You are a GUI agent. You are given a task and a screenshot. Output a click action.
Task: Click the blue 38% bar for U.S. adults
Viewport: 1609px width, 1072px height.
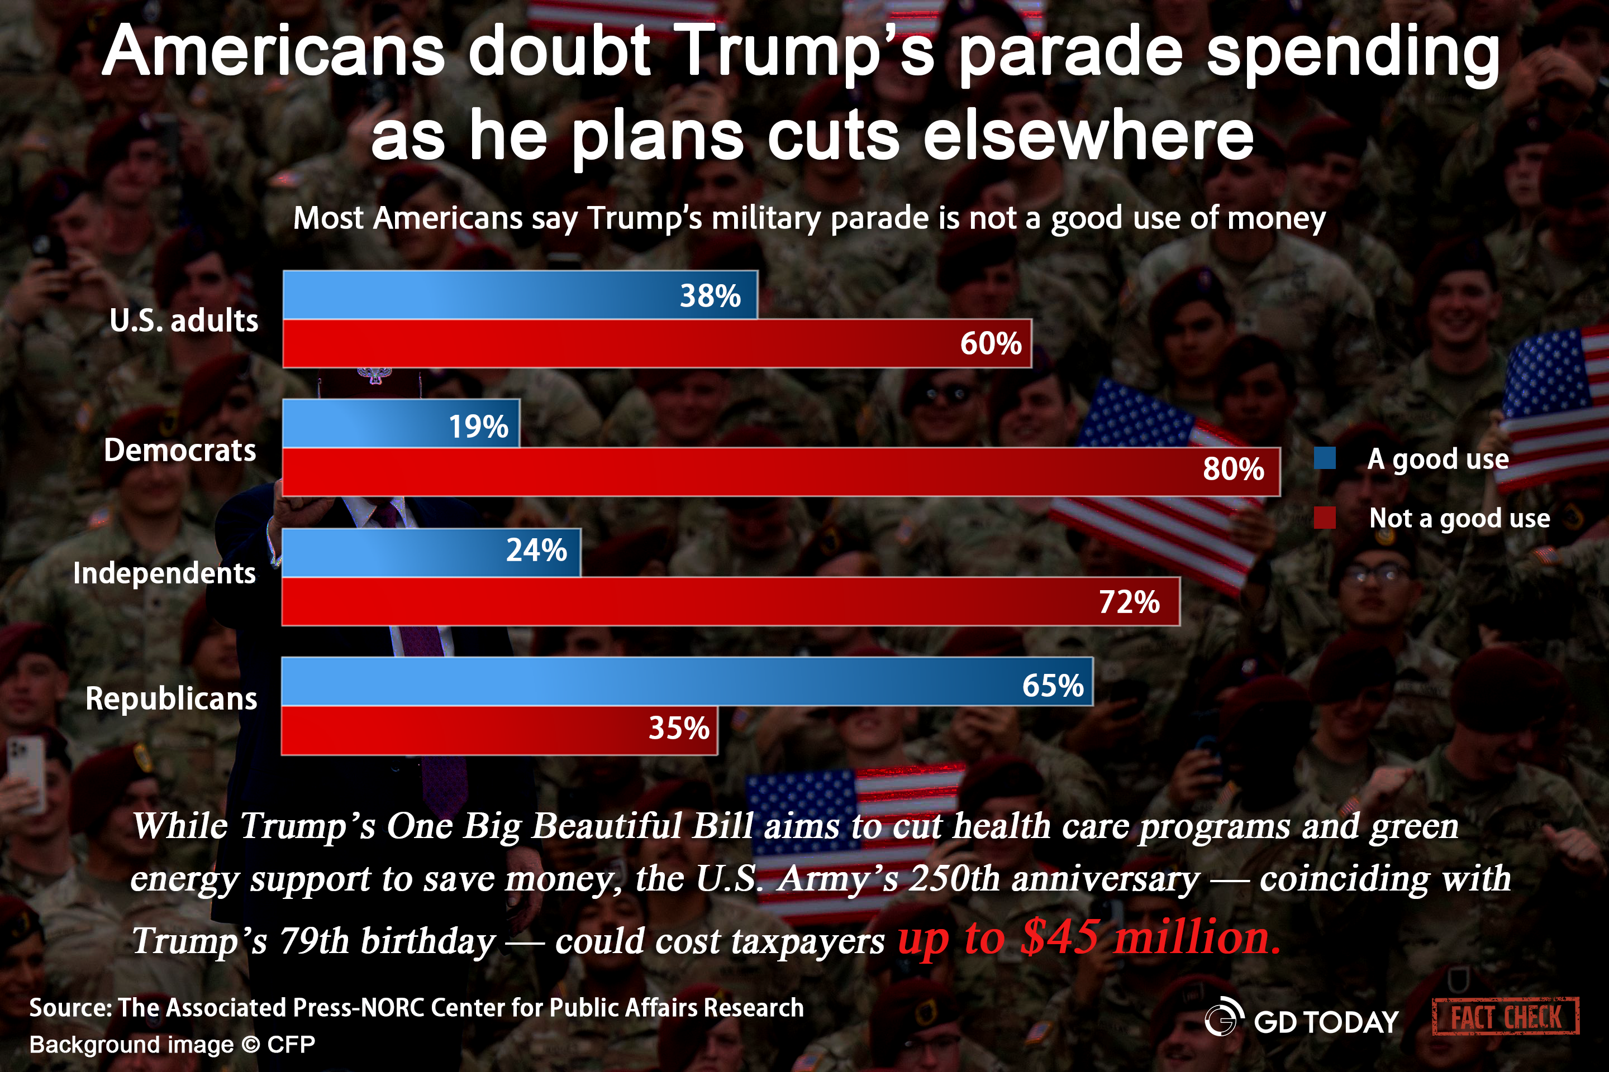point(520,295)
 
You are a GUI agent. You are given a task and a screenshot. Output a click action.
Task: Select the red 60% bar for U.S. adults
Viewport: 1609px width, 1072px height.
point(657,343)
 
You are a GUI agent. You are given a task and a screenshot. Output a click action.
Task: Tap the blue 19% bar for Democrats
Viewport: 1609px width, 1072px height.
point(401,423)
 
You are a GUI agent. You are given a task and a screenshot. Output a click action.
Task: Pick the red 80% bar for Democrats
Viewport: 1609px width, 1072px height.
point(780,472)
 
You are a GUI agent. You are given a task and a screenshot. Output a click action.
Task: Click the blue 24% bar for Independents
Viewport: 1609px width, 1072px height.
point(431,552)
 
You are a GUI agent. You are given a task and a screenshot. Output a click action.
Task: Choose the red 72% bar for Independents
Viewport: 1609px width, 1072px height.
point(731,601)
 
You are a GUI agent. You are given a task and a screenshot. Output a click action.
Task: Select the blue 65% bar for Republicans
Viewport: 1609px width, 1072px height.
point(687,681)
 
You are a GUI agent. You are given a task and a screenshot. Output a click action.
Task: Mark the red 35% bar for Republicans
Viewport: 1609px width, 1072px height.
point(499,730)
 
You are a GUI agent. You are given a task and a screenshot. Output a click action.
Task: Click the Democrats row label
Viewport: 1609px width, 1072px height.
point(180,451)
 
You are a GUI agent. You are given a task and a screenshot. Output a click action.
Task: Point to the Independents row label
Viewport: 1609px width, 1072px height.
point(164,573)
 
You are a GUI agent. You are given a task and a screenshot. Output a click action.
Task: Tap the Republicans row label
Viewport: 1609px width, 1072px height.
point(171,698)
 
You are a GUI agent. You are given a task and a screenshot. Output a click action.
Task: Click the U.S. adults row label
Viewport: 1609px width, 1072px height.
point(184,320)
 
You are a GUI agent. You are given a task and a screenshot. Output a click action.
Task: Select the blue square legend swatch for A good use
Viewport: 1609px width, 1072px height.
point(1325,458)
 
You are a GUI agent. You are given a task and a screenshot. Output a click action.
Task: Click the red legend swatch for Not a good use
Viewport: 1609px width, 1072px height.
point(1325,518)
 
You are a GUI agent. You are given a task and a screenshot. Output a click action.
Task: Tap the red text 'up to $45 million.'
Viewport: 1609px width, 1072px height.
point(1088,938)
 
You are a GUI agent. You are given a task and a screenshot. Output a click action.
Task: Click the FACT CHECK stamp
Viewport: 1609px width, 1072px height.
point(1505,1017)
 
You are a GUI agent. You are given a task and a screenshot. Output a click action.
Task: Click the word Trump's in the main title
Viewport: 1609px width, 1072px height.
point(804,52)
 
